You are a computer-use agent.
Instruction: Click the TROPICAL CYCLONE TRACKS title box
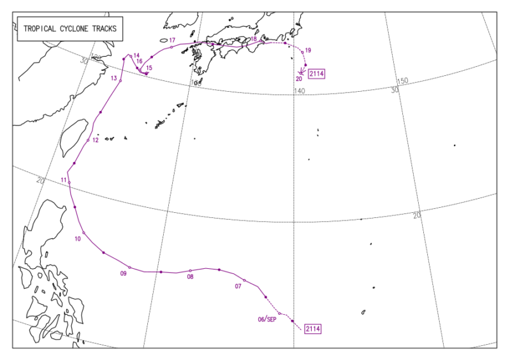point(71,29)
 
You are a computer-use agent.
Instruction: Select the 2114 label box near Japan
point(317,75)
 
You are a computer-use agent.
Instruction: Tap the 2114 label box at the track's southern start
point(312,329)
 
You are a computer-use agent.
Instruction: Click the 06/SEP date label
point(267,319)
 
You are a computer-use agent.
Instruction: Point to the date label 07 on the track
point(238,286)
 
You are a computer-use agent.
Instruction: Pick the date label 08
point(190,277)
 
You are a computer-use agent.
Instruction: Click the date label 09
point(124,274)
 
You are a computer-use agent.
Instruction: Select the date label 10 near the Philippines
point(78,239)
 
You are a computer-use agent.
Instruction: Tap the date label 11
point(64,180)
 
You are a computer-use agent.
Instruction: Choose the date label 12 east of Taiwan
point(95,140)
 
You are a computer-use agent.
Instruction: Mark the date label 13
point(113,78)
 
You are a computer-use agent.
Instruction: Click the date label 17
point(172,40)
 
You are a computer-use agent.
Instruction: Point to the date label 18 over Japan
point(253,40)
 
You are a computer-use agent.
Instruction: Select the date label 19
point(308,50)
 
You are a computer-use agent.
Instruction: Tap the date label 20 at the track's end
point(298,79)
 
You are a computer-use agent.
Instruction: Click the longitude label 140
point(300,91)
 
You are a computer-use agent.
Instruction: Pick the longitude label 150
point(402,81)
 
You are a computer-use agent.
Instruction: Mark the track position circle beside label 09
point(129,267)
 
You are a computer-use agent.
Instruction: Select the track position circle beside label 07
point(245,280)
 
